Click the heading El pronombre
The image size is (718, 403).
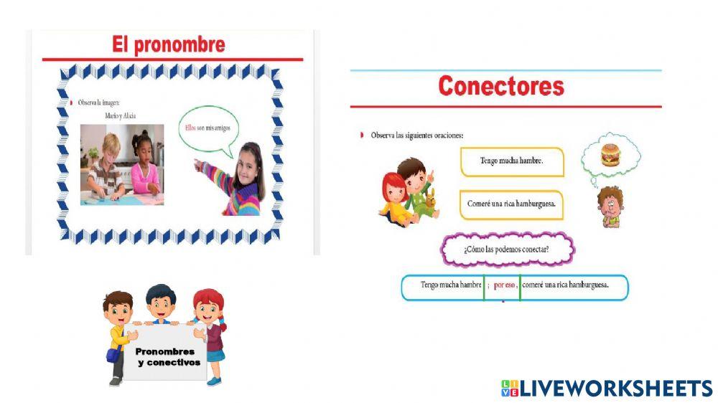point(169,44)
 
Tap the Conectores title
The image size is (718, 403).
point(501,87)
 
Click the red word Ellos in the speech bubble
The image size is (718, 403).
point(190,128)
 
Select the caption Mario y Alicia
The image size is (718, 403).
point(120,115)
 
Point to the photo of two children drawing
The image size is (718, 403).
point(121,164)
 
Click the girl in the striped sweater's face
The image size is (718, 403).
point(248,160)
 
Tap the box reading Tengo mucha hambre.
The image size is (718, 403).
point(512,161)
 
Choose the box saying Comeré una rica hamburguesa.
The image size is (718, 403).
point(511,204)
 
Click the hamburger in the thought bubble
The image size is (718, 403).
point(610,153)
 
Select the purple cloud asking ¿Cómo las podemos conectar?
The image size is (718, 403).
point(507,250)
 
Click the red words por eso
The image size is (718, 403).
point(505,285)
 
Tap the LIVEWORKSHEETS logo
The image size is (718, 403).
point(607,389)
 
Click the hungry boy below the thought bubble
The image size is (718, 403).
point(610,207)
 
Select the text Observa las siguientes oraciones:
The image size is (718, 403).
point(416,135)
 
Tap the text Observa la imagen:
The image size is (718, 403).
point(100,103)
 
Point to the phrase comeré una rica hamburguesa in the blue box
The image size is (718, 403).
point(565,285)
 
